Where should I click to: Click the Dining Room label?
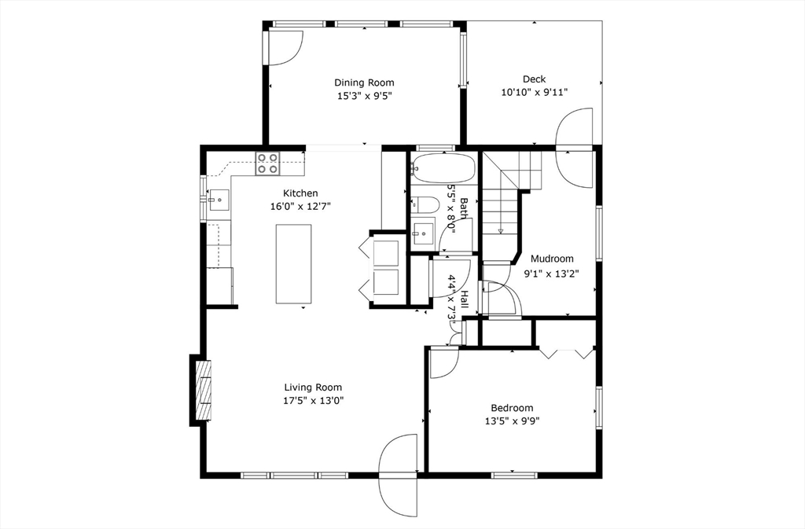(x=364, y=83)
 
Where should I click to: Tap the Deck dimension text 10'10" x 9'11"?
(x=535, y=92)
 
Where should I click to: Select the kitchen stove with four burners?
(x=266, y=163)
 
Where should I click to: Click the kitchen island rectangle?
(x=292, y=264)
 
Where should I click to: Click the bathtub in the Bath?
(x=444, y=167)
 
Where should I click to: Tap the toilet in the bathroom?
(x=425, y=205)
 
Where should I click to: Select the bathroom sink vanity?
(x=424, y=232)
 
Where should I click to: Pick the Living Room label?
(x=313, y=388)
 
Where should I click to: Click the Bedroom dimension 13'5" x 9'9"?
(x=512, y=421)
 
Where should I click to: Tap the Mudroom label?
(x=552, y=259)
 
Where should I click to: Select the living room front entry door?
(x=399, y=476)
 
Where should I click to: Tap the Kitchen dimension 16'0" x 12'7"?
(x=301, y=207)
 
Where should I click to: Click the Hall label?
(x=464, y=299)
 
